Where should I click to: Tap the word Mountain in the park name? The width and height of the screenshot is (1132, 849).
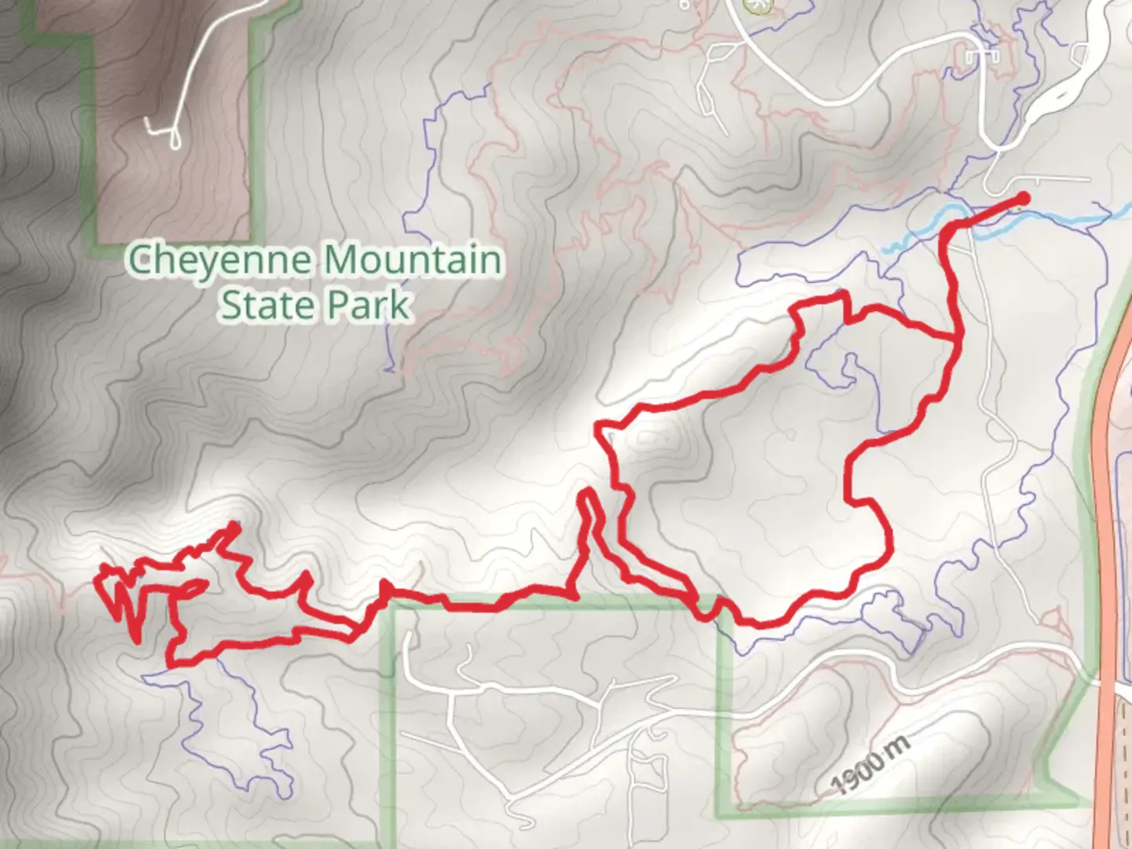point(413,259)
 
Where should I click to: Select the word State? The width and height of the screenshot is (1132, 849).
point(263,305)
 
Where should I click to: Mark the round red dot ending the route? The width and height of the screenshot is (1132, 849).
point(1024,197)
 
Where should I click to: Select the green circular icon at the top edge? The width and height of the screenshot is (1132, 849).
point(759,5)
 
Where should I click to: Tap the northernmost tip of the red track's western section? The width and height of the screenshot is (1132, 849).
point(234,525)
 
